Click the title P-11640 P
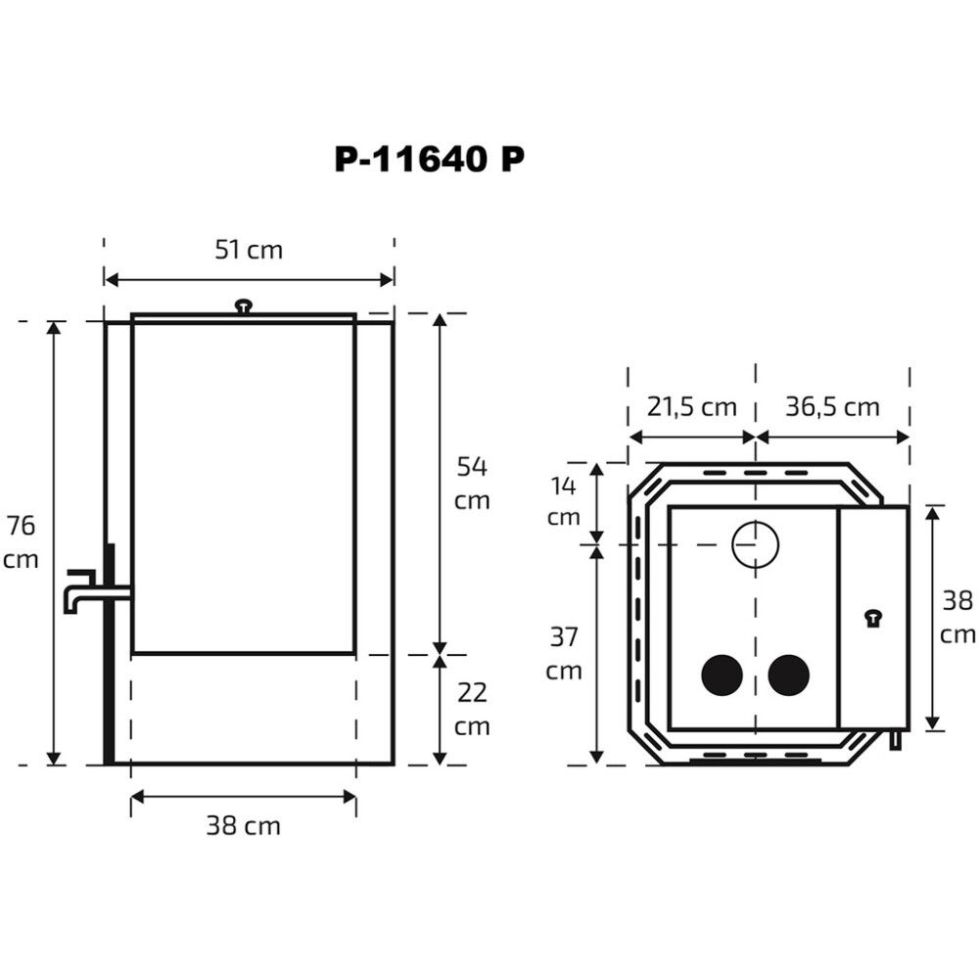pyautogui.click(x=429, y=161)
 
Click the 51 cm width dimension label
pyautogui.click(x=249, y=250)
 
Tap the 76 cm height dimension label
pyautogui.click(x=22, y=542)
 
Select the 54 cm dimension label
pyautogui.click(x=473, y=483)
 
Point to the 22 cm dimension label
pyautogui.click(x=473, y=710)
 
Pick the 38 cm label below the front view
pyautogui.click(x=243, y=826)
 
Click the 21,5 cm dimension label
pyautogui.click(x=691, y=406)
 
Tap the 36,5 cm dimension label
pyautogui.click(x=832, y=406)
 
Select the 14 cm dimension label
pyautogui.click(x=564, y=501)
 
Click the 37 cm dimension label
pyautogui.click(x=564, y=654)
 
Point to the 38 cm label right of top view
pyautogui.click(x=957, y=618)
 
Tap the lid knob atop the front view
pyautogui.click(x=243, y=306)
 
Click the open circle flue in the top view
pyautogui.click(x=755, y=543)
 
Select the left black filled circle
pyautogui.click(x=723, y=676)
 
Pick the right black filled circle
pyautogui.click(x=789, y=676)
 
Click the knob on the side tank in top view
pyautogui.click(x=872, y=617)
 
